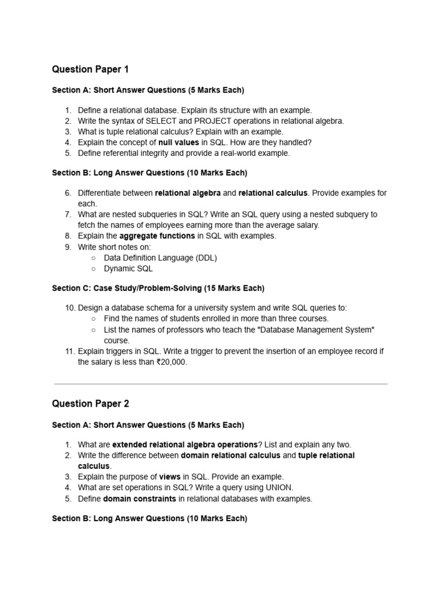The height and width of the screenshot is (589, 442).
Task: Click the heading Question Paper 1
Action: point(90,70)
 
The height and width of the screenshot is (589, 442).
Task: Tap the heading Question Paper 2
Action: point(90,404)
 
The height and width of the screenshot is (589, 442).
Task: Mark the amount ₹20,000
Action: point(172,362)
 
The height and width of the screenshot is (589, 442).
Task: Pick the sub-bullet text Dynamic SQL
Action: point(128,268)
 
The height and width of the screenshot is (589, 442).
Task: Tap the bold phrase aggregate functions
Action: point(157,236)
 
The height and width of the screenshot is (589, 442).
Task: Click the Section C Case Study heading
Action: point(158,288)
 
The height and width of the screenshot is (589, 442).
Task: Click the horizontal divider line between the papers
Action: point(220,384)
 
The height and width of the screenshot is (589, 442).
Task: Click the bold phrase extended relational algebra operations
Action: point(185,445)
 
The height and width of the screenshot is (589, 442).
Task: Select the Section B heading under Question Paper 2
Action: point(150,518)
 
